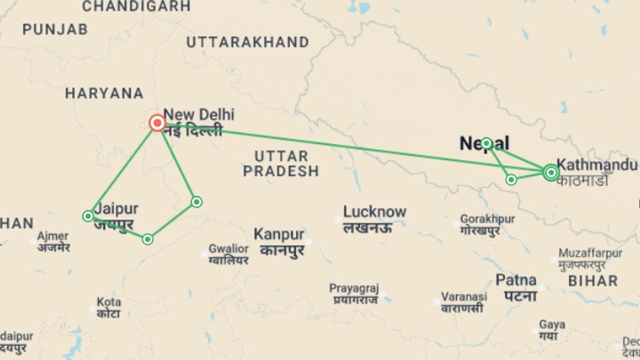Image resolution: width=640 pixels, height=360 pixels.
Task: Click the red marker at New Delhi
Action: [157, 123]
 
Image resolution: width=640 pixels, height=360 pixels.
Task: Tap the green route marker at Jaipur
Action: [88, 216]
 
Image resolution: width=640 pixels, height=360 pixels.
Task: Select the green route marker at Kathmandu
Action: [551, 173]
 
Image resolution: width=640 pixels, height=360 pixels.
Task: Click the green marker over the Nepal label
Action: [486, 144]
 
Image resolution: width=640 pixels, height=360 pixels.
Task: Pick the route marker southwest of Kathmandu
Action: [511, 180]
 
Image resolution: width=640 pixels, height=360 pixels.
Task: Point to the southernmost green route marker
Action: [148, 239]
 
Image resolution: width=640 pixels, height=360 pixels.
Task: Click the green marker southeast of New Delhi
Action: [197, 202]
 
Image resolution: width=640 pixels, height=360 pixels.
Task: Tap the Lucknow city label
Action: [375, 212]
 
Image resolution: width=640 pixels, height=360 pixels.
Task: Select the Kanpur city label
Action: [279, 235]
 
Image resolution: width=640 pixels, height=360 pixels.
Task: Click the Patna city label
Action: [516, 280]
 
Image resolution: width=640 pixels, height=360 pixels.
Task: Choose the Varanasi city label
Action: [464, 297]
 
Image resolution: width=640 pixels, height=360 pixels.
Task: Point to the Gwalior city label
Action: [229, 249]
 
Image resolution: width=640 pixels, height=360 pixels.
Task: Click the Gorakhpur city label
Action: [487, 219]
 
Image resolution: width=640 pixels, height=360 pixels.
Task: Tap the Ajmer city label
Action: [53, 236]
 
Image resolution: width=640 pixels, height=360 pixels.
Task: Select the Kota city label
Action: [109, 302]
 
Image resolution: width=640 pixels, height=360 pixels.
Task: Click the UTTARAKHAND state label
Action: [248, 42]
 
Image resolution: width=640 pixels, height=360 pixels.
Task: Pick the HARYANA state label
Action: [104, 93]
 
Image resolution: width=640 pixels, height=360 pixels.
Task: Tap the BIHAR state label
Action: [593, 281]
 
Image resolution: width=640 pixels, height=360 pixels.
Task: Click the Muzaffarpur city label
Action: [590, 253]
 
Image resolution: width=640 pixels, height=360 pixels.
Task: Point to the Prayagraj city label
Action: [354, 288]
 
